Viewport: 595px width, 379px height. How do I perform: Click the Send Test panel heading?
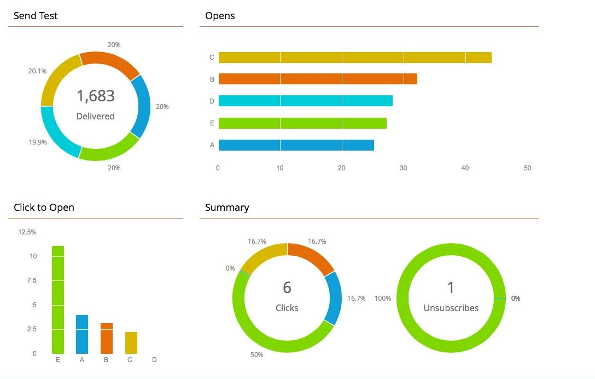36,16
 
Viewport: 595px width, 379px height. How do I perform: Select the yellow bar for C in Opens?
354,58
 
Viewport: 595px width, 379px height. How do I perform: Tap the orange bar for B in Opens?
317,79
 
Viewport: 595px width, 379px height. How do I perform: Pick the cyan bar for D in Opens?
305,101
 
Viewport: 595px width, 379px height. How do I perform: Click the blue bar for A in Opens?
296,145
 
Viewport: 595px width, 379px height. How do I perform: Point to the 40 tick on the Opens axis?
465,168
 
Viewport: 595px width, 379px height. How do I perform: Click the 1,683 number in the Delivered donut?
96,96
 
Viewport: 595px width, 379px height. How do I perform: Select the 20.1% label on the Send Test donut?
37,71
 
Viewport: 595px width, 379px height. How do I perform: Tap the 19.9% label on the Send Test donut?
38,142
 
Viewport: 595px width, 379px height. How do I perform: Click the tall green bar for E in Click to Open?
58,300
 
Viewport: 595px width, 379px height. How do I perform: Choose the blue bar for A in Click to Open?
82,334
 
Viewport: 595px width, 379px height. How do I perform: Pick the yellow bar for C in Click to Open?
131,342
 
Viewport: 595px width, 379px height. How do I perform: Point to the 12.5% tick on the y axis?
27,232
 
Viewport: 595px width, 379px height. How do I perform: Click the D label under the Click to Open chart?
154,360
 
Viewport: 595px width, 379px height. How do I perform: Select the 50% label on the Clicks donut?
257,355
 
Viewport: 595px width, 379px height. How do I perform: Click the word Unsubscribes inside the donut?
451,308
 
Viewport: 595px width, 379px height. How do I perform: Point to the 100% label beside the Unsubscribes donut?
383,298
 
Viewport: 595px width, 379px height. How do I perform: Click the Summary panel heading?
227,208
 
